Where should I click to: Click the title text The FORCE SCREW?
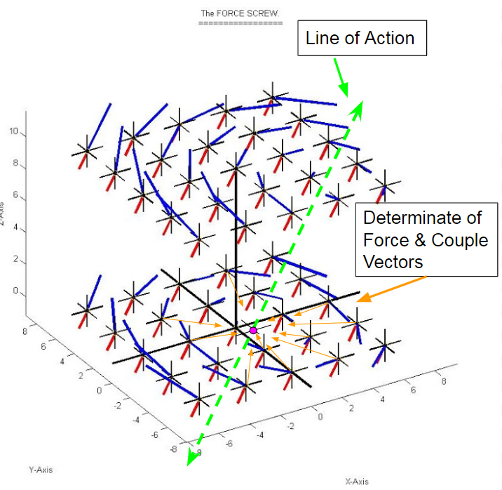(240, 13)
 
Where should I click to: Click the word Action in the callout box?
(390, 38)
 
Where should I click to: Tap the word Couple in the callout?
(459, 241)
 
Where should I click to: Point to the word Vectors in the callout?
(393, 262)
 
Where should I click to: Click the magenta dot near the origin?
(253, 331)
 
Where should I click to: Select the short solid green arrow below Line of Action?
(341, 78)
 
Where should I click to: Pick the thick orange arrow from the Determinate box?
(391, 289)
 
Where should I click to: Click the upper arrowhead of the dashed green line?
(356, 110)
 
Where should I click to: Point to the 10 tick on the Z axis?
(14, 131)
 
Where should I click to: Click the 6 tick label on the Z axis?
(15, 195)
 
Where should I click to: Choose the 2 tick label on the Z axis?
(15, 259)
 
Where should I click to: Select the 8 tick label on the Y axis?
(25, 331)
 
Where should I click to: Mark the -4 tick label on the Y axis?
(136, 420)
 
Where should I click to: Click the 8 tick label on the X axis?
(444, 381)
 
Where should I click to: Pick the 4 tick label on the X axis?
(382, 399)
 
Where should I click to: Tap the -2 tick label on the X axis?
(290, 426)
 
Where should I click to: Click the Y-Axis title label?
(41, 470)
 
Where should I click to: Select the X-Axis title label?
(357, 482)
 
